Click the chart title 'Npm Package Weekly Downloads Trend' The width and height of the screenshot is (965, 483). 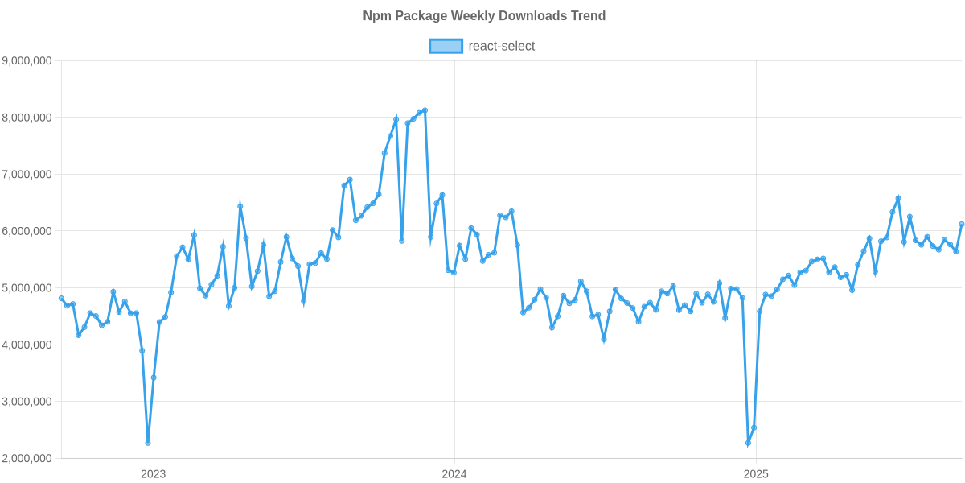coord(483,16)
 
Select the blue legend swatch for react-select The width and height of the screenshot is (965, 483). coord(446,46)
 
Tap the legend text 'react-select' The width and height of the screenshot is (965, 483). coord(502,46)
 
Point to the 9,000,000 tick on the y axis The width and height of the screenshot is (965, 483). coord(27,60)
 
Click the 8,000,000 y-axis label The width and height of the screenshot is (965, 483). coord(27,118)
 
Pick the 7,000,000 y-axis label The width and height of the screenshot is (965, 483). coord(27,175)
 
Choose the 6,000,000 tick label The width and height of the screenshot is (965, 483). coord(27,232)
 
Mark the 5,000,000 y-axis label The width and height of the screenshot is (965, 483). coord(27,288)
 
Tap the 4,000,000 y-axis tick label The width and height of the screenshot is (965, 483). coord(27,345)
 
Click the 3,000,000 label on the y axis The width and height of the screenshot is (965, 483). coord(27,402)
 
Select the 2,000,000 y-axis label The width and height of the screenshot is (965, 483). coord(27,459)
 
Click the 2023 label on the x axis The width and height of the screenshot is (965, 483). coord(153,474)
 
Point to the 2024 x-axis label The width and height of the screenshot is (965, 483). coord(454,474)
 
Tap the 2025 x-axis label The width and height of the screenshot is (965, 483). coord(756,474)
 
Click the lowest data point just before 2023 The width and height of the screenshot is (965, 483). coord(148,443)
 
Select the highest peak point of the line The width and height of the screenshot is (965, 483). coord(425,109)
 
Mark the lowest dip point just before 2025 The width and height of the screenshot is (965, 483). coord(748,444)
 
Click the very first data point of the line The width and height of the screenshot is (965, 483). coord(61,299)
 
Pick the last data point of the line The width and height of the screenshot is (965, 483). coord(962,225)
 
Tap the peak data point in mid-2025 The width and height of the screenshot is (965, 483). coord(897,198)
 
